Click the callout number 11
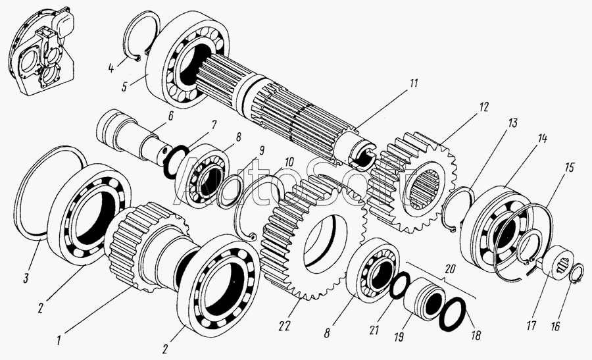414,83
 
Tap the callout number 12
483,107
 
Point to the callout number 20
451,269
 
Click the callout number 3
26,279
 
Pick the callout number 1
59,340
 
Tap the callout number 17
531,325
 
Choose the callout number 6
170,116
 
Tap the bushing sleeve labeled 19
424,298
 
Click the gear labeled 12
414,182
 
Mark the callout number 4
111,68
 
